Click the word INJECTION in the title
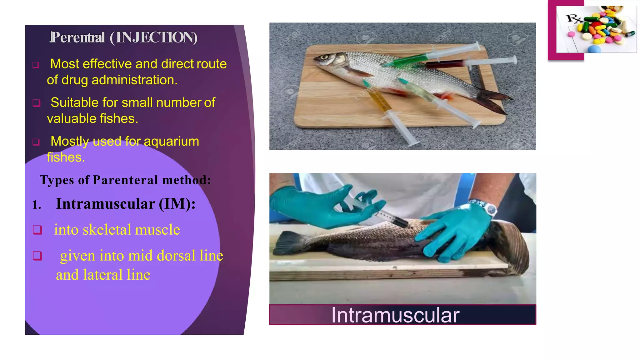[153, 37]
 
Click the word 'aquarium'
[171, 141]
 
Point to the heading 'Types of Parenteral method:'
[125, 180]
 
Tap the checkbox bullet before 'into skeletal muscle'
[37, 230]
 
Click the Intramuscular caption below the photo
[395, 315]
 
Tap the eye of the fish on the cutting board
[324, 57]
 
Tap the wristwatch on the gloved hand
[491, 208]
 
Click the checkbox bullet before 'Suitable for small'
[37, 103]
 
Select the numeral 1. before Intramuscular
[37, 205]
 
